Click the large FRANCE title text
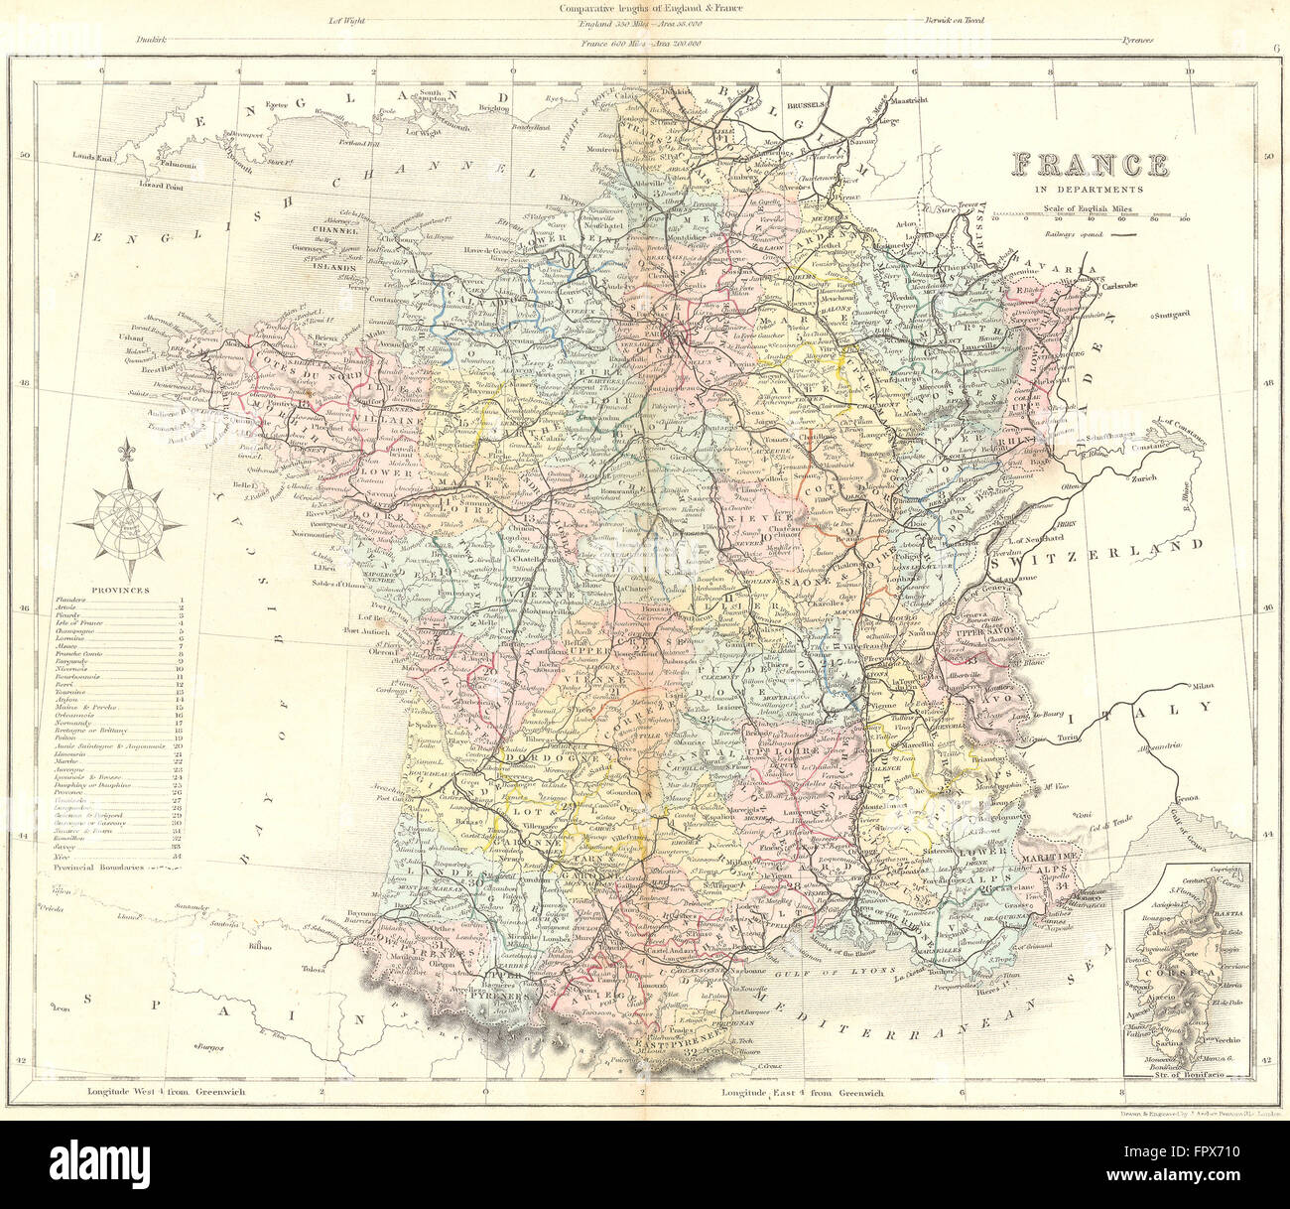1087,165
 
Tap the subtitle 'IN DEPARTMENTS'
1088,189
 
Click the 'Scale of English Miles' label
1089,208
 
